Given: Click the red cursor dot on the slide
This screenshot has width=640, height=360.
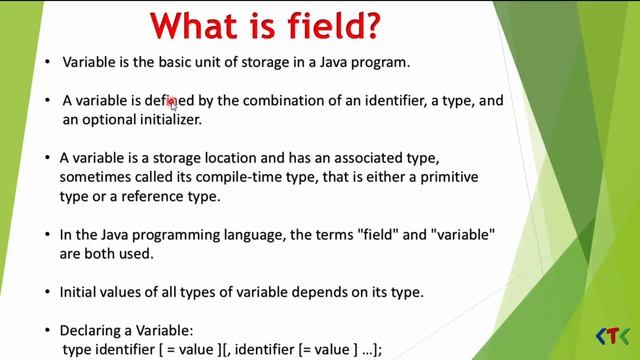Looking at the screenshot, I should click(172, 101).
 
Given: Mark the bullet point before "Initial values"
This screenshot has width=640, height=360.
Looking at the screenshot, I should click(48, 292).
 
